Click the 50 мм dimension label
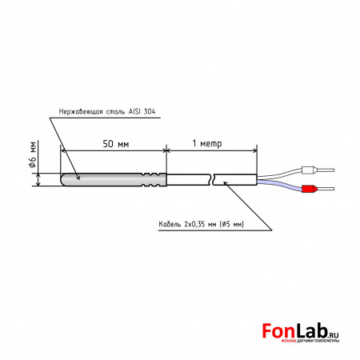[x=116, y=144]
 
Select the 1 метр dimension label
[x=207, y=143]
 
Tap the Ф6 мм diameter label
[x=33, y=154]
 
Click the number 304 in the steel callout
[x=150, y=111]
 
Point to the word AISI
[x=134, y=111]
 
